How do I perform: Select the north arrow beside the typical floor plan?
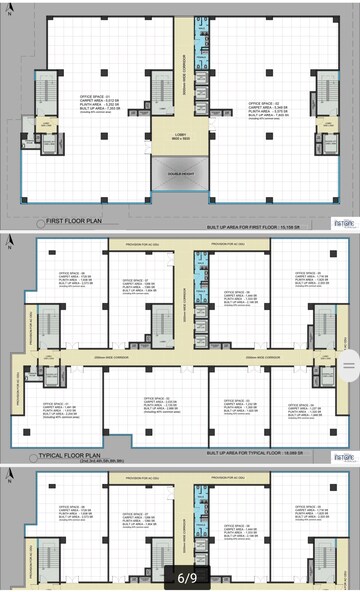click(x=8, y=245)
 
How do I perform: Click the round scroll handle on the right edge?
click(x=351, y=358)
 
